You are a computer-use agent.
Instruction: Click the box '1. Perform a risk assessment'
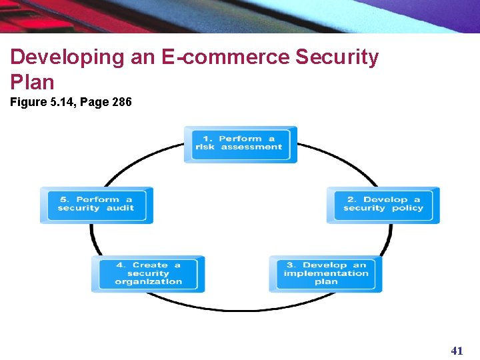click(x=241, y=144)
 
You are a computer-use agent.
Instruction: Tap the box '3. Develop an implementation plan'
click(x=325, y=273)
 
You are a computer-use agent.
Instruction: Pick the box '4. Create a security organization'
click(x=148, y=273)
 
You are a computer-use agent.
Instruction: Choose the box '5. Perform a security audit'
click(x=96, y=205)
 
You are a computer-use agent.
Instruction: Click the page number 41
click(x=457, y=351)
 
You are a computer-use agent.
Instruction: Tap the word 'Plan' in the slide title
click(x=32, y=81)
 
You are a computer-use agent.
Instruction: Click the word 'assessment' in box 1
click(x=251, y=147)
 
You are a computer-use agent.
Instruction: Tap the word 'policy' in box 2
click(x=407, y=208)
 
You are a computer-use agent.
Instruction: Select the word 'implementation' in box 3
click(x=325, y=273)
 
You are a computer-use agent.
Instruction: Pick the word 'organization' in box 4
click(x=148, y=281)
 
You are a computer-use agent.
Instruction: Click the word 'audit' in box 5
click(x=120, y=208)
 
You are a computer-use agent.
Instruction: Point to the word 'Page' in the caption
click(x=95, y=102)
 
